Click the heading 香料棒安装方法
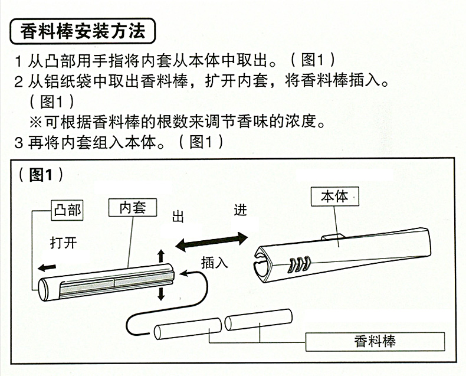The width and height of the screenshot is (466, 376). click(x=83, y=31)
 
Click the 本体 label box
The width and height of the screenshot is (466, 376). click(x=334, y=197)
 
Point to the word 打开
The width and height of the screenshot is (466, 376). click(x=64, y=242)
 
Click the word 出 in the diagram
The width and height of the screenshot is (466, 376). click(x=178, y=216)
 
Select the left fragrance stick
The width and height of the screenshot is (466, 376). click(x=187, y=328)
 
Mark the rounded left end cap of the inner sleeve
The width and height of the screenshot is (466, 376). click(x=44, y=289)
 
